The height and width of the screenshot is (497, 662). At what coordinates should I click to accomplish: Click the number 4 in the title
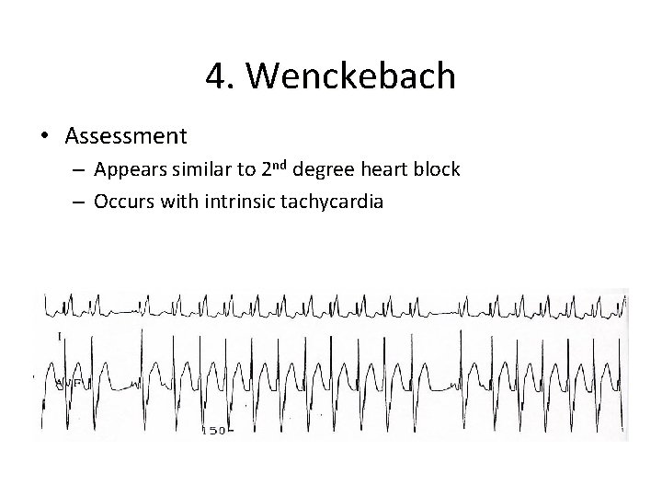pos(217,76)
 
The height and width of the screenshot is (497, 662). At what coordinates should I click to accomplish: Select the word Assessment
pos(126,137)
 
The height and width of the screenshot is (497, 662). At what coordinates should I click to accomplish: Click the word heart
pos(385,171)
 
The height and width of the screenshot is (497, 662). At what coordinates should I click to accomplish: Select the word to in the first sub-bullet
pos(245,171)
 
